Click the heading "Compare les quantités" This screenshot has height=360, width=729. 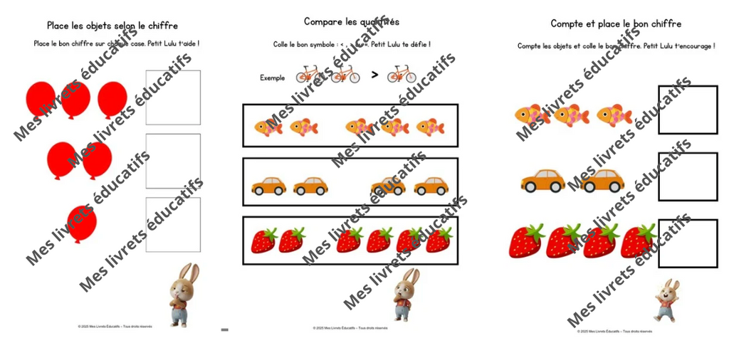coord(351,22)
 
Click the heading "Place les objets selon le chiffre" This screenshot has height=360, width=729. coord(112,26)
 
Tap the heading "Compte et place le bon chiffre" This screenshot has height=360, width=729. coord(615,23)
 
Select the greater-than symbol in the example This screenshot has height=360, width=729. coord(374,74)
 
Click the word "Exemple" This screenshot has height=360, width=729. coord(272,78)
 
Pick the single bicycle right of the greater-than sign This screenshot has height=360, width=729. coord(402,74)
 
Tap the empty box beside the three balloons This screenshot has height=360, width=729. coord(173,97)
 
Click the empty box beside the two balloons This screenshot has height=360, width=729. coord(173,161)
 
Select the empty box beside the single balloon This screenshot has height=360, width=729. coord(173,224)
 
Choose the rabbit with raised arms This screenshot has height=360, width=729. coord(667,300)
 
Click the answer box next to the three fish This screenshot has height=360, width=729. coord(687,110)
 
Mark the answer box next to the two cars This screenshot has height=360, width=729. coord(687,176)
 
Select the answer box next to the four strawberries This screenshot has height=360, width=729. coord(687,243)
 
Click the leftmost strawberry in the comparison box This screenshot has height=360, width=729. coord(264,240)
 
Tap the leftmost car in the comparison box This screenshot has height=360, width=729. coord(268,186)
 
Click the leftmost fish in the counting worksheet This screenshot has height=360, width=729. coord(531,115)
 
